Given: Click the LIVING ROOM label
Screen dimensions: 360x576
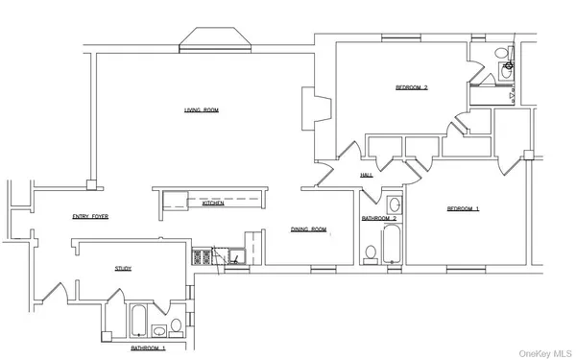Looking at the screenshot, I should click(202, 110).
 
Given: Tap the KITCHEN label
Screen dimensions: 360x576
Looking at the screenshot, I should click(212, 204).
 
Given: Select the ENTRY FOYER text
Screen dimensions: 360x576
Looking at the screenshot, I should click(90, 217).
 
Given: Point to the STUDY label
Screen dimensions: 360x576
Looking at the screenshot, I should click(123, 269).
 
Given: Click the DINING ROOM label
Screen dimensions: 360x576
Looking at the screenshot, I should click(309, 229).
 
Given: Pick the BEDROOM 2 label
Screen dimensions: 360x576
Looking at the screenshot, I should click(411, 88).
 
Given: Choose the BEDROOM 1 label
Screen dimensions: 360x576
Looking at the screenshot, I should click(463, 209).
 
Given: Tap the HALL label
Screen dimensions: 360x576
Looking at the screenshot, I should click(366, 176).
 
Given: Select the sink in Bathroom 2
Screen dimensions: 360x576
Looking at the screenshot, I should click(395, 204).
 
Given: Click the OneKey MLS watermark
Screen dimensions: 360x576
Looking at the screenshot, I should click(548, 352).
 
